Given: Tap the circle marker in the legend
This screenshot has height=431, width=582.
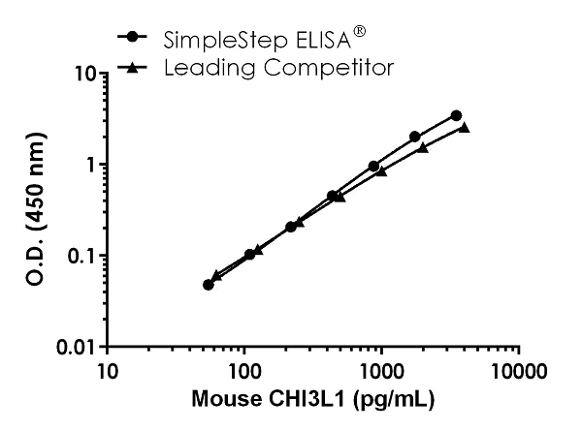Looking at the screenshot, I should pos(131,38).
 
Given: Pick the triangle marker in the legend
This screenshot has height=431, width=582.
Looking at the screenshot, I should pos(131,67).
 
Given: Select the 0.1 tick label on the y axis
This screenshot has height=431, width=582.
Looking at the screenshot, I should pos(80,256).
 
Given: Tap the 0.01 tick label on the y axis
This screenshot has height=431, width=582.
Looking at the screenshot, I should pos(75,347).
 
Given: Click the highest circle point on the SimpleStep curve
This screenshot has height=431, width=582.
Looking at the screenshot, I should pos(456,115).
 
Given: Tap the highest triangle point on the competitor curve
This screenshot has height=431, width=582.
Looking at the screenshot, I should pos(465,127).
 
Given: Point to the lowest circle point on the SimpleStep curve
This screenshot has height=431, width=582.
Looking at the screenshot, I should pos(209,285).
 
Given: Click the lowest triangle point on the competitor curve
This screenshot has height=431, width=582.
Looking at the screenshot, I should pos(216,276).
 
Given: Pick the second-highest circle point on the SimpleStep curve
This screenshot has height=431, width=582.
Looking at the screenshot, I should pos(415,137).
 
